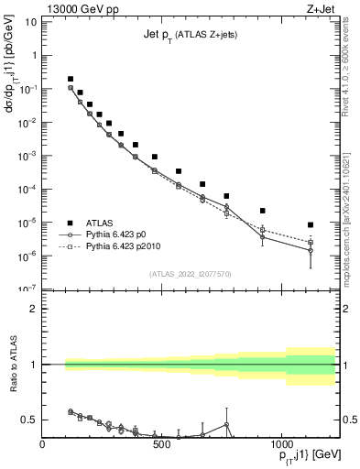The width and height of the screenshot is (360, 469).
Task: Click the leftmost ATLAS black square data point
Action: tap(71, 79)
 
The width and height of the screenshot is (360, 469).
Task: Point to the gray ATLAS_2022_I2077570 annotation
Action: tap(190, 273)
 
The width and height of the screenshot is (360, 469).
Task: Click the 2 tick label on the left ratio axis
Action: tap(32, 309)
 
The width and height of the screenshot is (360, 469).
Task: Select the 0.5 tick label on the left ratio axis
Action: tap(27, 420)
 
